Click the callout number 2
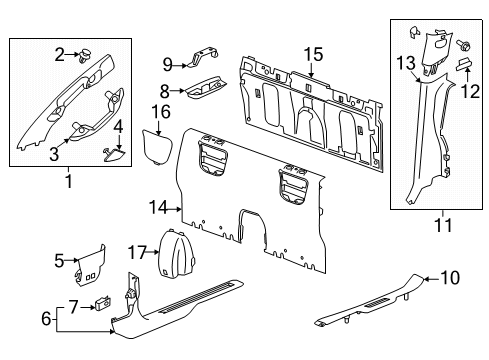[x=60, y=54]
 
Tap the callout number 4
[x=118, y=128]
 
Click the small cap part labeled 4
[x=113, y=152]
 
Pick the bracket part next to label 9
[x=201, y=60]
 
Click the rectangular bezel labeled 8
[x=204, y=91]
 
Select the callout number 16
[x=160, y=110]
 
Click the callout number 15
[x=313, y=55]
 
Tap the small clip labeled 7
[x=103, y=304]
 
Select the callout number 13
[x=404, y=65]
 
